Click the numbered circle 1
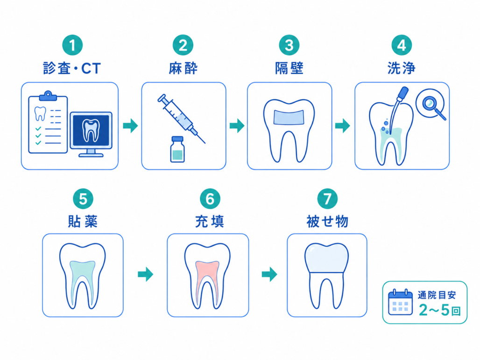[72, 45]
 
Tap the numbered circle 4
[402, 45]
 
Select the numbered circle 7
[327, 198]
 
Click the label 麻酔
[183, 68]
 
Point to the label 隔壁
[289, 68]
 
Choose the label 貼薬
[83, 221]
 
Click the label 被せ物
[327, 221]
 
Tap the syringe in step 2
[181, 119]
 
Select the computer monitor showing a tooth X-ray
[91, 134]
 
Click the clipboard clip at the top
[48, 96]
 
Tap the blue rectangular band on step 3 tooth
[289, 118]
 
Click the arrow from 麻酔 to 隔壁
[237, 126]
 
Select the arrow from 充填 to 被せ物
[269, 274]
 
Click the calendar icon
[400, 302]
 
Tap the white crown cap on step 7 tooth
[327, 258]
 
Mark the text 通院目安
[437, 295]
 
